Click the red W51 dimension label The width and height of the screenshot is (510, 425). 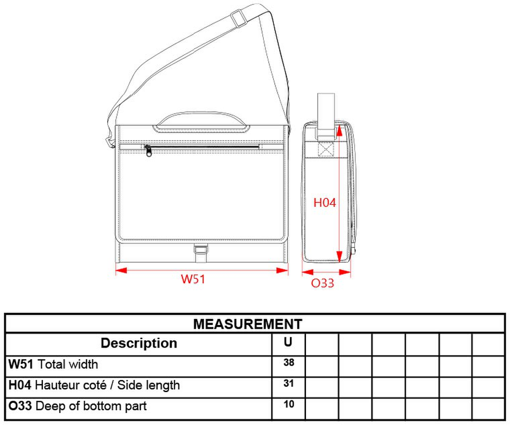pos(193,279)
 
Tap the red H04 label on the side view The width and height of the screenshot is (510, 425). pos(324,203)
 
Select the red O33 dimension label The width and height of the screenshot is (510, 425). pos(322,283)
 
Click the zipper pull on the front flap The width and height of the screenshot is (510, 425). pos(148,150)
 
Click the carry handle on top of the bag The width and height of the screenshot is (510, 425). pos(202,123)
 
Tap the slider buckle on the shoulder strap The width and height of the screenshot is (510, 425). pos(238,18)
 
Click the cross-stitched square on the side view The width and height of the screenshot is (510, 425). pos(326,149)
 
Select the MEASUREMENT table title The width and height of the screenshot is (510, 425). pos(248,324)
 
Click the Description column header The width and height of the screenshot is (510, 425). pos(139,343)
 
